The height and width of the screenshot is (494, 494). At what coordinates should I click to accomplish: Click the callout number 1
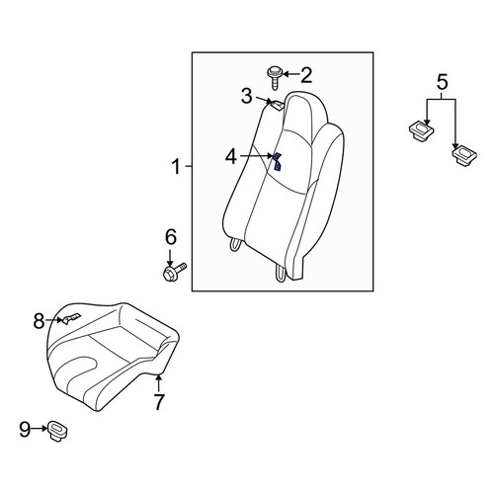(x=177, y=166)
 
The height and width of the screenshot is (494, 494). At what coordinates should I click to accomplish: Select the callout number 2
(x=306, y=75)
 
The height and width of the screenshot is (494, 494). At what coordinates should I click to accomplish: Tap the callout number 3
(x=246, y=96)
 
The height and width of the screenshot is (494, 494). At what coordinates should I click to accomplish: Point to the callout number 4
(x=231, y=156)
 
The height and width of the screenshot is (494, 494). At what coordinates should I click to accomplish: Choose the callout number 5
(x=443, y=82)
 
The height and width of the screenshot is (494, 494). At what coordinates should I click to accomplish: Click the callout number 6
(x=171, y=237)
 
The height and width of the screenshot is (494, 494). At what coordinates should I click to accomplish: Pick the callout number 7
(x=159, y=401)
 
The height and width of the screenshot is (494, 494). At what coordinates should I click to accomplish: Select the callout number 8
(x=39, y=321)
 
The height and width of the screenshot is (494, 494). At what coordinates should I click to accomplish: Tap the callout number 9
(x=25, y=430)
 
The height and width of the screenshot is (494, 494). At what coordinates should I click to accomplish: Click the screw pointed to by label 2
(x=273, y=78)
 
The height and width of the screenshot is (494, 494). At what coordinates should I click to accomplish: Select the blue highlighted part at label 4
(x=278, y=162)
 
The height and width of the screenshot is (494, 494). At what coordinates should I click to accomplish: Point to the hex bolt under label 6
(x=174, y=271)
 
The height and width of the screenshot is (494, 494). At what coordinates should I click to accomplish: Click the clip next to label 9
(x=58, y=431)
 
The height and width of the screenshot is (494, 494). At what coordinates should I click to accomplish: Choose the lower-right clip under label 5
(x=464, y=156)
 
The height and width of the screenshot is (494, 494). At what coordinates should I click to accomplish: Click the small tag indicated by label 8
(x=71, y=318)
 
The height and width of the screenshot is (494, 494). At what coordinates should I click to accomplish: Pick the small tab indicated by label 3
(x=277, y=105)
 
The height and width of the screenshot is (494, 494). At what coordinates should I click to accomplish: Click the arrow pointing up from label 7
(x=159, y=383)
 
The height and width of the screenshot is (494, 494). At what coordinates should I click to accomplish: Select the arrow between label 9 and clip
(x=40, y=429)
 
